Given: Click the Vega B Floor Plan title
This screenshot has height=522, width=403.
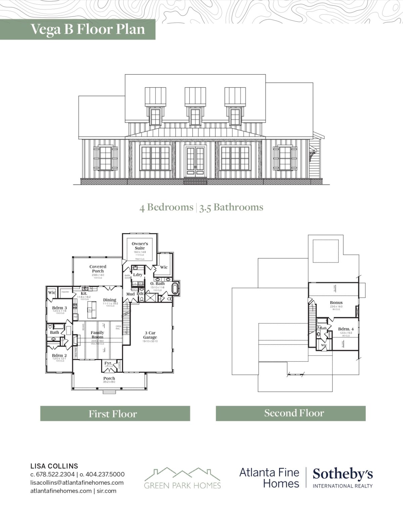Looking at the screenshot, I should [88, 29].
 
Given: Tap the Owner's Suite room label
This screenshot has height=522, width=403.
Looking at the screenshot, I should [140, 246].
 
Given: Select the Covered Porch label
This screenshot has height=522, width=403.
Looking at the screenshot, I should [98, 269].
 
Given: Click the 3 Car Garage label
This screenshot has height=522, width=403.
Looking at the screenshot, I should [150, 335].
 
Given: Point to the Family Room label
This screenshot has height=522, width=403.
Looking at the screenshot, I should [97, 335].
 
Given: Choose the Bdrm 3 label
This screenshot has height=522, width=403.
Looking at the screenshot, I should [59, 308].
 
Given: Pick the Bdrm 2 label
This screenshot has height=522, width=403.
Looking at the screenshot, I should [59, 356].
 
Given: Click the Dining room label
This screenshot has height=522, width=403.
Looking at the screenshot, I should [109, 300].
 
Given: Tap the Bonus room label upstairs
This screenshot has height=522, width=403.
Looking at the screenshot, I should [336, 303].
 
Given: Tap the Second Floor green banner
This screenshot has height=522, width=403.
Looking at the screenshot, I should [290, 413].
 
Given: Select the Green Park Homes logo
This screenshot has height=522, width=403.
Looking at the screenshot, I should [182, 478].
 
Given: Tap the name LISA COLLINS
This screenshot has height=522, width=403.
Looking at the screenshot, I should [54, 466].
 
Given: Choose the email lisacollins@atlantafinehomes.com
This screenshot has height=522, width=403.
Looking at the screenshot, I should [77, 482].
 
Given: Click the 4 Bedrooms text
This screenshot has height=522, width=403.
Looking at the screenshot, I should [166, 207].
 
